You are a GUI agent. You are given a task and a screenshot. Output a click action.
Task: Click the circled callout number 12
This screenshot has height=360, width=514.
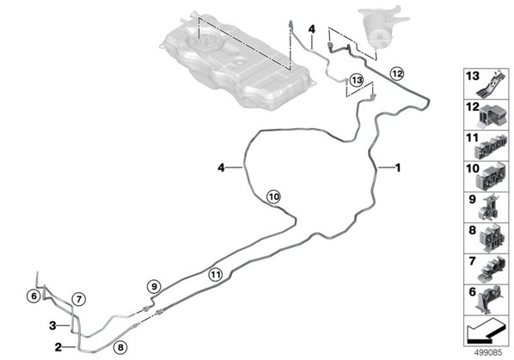[x=396, y=74]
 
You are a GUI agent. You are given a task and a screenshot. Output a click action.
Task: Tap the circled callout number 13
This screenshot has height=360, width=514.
[x=357, y=80]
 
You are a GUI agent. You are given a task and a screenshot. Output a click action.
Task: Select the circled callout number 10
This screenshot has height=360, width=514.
[x=273, y=197]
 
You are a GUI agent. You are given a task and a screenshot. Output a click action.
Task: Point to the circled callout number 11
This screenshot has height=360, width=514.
[x=216, y=274]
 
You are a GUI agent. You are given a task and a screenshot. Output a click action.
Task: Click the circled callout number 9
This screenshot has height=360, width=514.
[x=154, y=287]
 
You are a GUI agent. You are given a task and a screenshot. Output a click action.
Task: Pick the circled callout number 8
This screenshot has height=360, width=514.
[x=120, y=347]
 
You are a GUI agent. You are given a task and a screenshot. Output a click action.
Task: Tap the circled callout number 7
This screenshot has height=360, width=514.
[x=79, y=299]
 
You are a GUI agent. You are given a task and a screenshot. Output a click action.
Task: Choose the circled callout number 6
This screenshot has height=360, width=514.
[x=34, y=296]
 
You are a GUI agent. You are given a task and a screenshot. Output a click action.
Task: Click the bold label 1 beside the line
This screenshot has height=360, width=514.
[x=398, y=168]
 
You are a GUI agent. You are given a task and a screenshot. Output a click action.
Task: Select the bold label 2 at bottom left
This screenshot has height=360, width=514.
[x=58, y=347]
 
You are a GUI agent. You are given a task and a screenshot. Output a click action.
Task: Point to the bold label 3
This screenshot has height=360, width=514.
[x=52, y=326]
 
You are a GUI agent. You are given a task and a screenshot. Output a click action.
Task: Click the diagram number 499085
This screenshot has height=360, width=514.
[x=488, y=353]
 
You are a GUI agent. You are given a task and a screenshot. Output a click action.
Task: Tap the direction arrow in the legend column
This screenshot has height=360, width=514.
[x=486, y=331]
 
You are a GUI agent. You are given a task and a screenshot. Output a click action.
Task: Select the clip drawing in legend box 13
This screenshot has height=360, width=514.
[x=491, y=84]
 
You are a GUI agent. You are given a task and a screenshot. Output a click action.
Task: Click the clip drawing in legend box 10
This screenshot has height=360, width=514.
[x=491, y=178]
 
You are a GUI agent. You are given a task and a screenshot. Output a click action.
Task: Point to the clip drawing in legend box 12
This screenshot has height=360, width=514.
[x=492, y=116]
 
